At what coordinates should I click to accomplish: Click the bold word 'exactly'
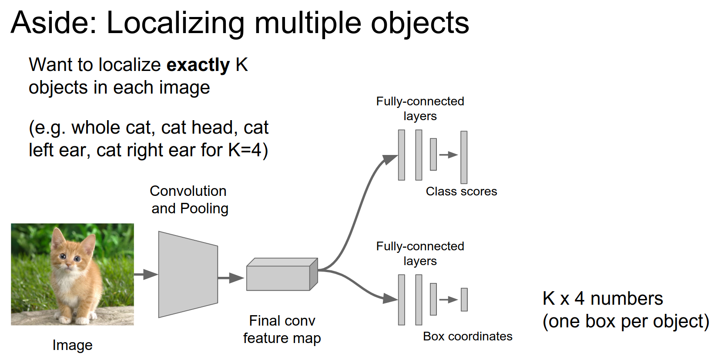pos(198,65)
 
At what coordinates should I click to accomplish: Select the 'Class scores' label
pos(461,192)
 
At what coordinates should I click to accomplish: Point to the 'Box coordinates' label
pos(467,336)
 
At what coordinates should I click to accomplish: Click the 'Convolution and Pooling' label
pos(189,200)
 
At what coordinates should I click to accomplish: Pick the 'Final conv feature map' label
pos(282,330)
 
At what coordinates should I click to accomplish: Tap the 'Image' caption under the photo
pos(72,345)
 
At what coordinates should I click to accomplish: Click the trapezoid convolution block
pos(188,274)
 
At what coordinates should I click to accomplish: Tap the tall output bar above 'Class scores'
pos(464,157)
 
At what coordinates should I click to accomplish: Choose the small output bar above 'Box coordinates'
pos(464,299)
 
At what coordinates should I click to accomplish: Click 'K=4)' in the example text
pos(248,150)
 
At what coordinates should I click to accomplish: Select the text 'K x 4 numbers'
pos(602,299)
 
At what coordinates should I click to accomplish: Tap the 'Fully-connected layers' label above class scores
pos(420,108)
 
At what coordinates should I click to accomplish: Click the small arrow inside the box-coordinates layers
pos(448,299)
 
